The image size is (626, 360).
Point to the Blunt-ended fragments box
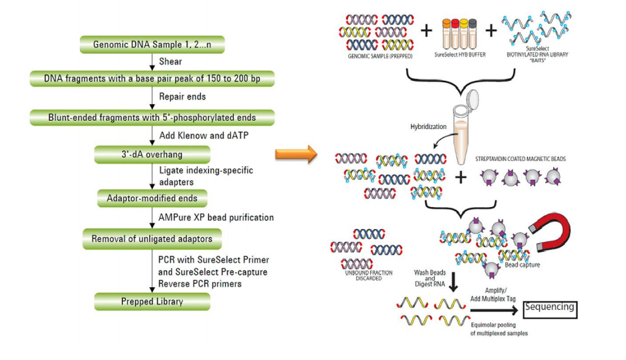click(x=152, y=118)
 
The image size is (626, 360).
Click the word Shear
click(x=170, y=62)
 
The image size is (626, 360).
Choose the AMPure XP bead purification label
click(x=215, y=218)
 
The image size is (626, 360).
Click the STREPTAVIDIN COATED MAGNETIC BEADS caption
click(x=521, y=160)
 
